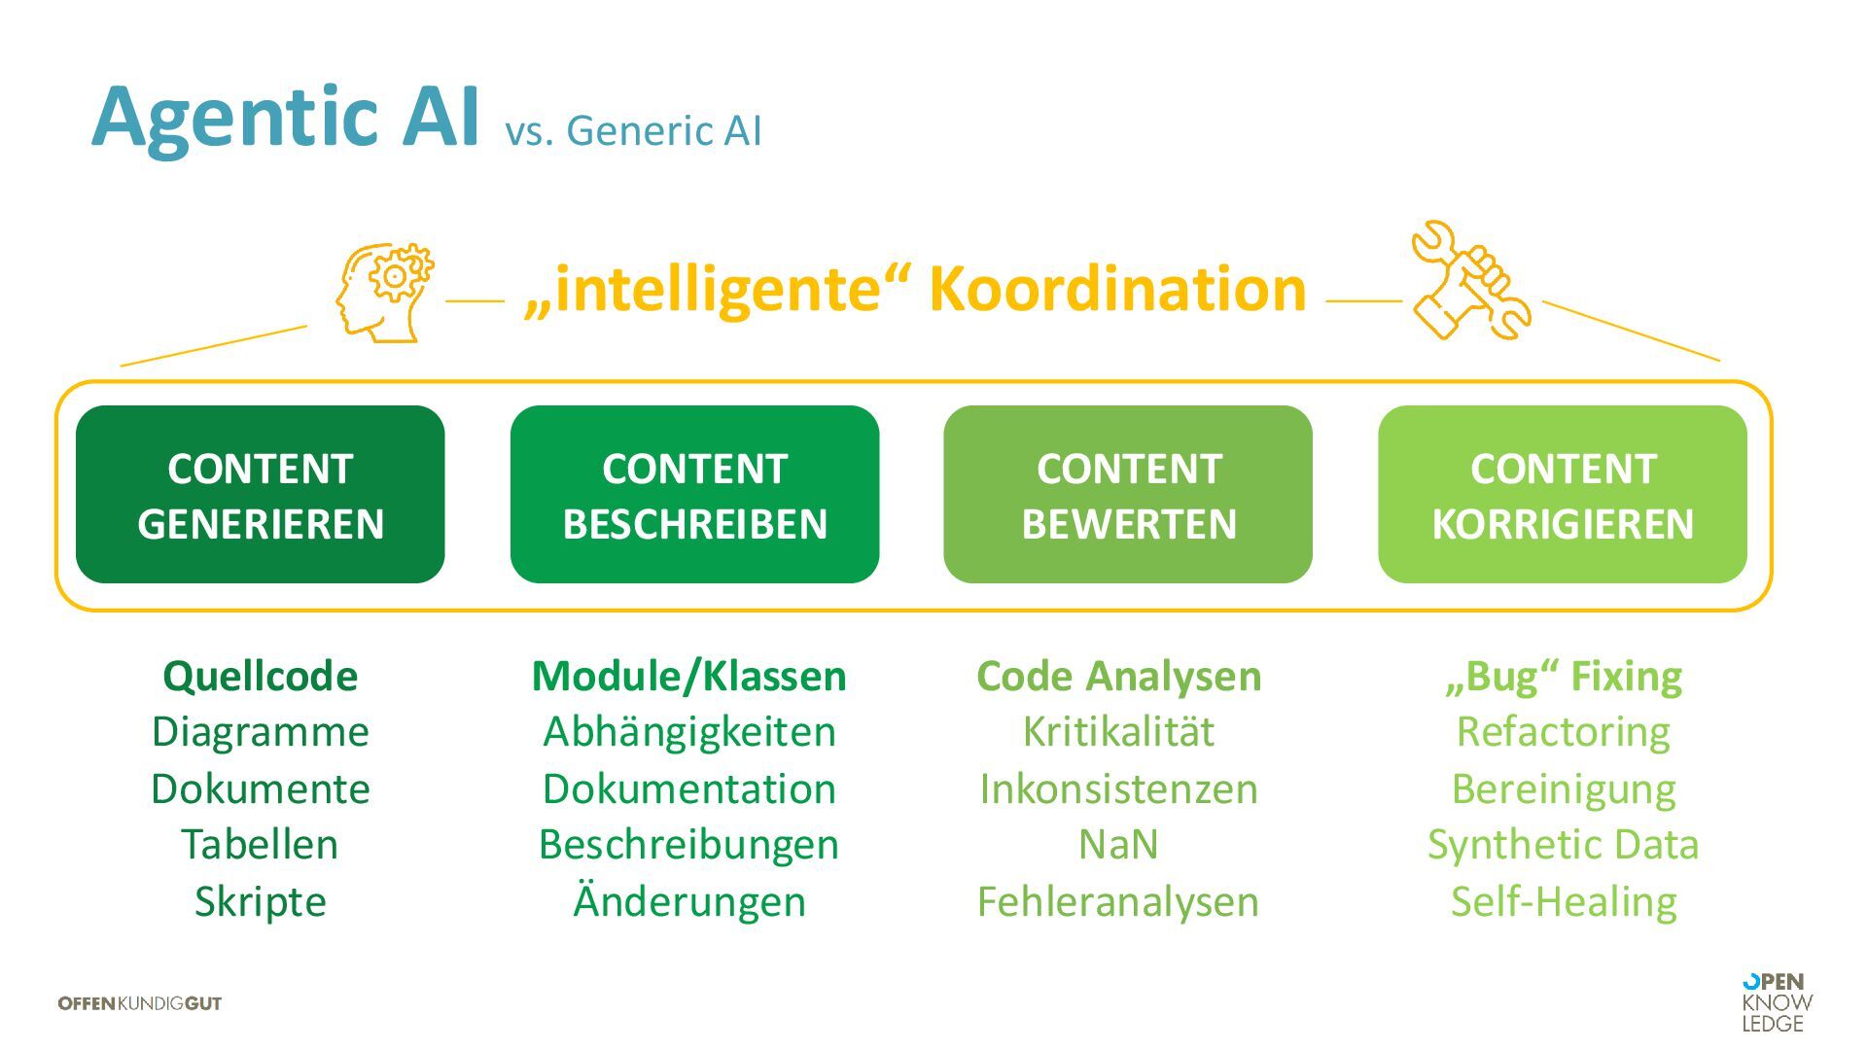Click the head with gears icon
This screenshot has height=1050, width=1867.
(x=385, y=292)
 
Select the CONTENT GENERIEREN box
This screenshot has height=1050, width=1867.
(x=261, y=495)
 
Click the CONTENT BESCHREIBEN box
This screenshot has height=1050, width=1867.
(x=694, y=495)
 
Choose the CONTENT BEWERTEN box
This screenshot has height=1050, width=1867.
(x=1128, y=495)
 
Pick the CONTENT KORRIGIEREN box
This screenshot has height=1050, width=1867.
(x=1562, y=495)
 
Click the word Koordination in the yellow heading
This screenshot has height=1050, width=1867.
(x=1117, y=289)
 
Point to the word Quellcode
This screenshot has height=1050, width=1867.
(x=261, y=676)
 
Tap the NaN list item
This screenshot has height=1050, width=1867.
(x=1118, y=844)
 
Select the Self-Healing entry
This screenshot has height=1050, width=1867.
(x=1564, y=901)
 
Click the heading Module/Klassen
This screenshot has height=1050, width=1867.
(x=689, y=676)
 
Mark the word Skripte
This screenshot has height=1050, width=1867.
(x=261, y=901)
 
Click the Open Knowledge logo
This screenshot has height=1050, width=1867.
(x=1777, y=1002)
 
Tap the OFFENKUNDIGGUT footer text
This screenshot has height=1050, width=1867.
(x=140, y=1003)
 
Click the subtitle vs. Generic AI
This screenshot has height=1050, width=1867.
(x=633, y=131)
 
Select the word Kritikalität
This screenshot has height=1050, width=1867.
(x=1118, y=731)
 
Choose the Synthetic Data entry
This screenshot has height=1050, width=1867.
(x=1564, y=844)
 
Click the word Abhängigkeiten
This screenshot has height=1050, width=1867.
(x=689, y=731)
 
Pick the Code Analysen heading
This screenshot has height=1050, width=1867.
(x=1118, y=676)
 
